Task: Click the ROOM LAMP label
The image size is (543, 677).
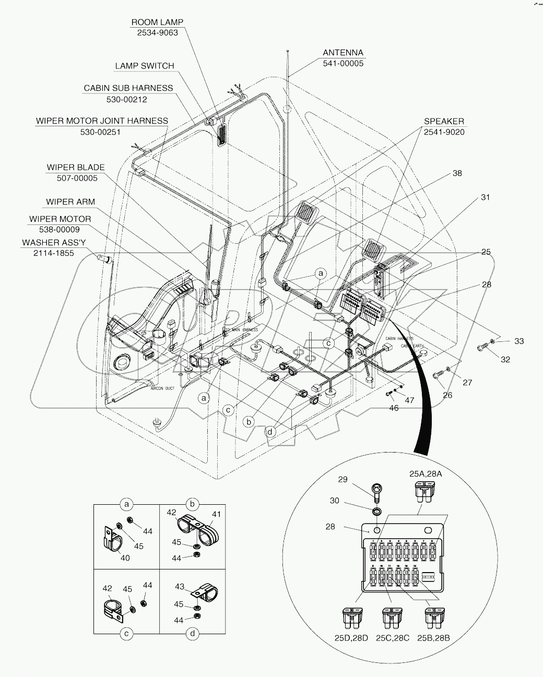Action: pos(157,22)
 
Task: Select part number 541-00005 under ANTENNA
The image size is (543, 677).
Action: pos(343,63)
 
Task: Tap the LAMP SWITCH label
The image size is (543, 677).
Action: pos(145,66)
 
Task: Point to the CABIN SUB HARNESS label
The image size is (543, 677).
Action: pos(128,88)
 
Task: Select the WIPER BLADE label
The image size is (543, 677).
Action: pos(76,168)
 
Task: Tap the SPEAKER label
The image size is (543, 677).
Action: pos(444,121)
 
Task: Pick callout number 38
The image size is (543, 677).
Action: pos(457,173)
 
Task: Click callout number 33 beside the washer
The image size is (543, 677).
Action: pos(518,341)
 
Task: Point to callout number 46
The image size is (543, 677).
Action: pos(394,408)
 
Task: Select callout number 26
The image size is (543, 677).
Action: pos(448,395)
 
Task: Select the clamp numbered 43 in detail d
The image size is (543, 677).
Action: pos(199,593)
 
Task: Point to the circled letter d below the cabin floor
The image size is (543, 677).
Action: pos(270,432)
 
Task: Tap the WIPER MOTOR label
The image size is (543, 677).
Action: pos(60,219)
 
